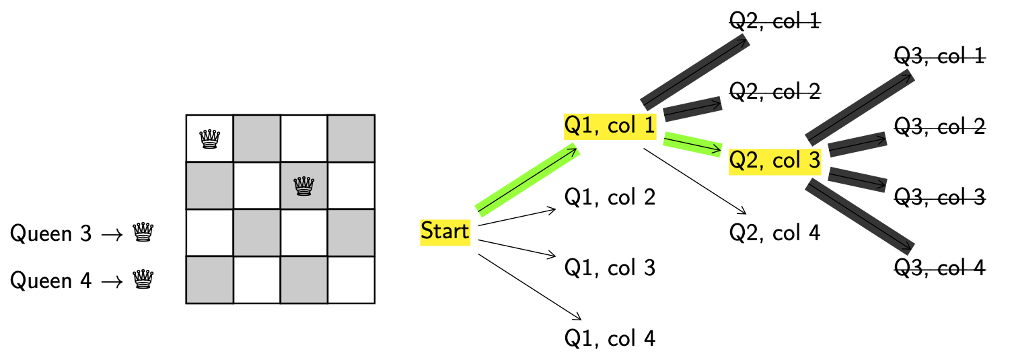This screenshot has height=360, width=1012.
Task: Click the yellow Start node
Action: tap(445, 232)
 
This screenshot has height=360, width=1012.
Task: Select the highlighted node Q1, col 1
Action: tap(610, 126)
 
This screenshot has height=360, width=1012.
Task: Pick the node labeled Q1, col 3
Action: tap(610, 268)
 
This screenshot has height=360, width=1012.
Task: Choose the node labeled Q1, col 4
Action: tap(610, 338)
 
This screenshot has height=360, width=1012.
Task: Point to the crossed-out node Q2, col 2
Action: tap(775, 91)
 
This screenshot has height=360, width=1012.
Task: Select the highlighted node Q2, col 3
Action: tap(775, 161)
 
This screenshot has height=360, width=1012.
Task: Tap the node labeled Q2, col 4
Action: tap(775, 233)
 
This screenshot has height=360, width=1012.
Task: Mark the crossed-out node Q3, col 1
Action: tap(939, 56)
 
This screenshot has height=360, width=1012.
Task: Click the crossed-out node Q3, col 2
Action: tap(939, 126)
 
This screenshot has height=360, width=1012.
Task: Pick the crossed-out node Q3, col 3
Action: tap(939, 197)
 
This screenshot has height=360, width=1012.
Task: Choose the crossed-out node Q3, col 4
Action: tap(939, 268)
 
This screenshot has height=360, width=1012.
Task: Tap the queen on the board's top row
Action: tap(210, 139)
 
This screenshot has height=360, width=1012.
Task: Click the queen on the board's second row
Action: tap(305, 186)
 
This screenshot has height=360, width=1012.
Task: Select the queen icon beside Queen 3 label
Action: tap(143, 233)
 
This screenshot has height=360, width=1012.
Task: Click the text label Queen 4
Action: tap(50, 280)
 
